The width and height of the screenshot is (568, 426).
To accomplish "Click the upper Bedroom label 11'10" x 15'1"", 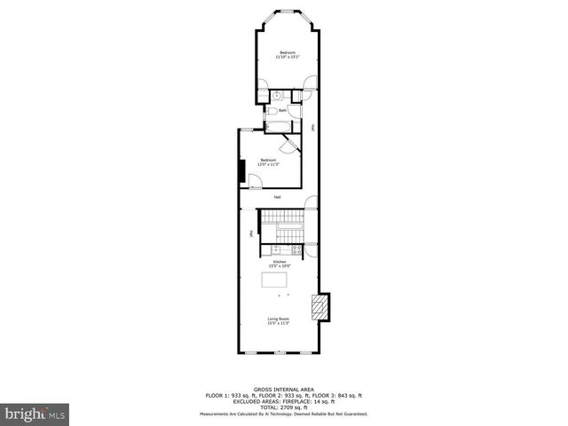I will pos(287,55).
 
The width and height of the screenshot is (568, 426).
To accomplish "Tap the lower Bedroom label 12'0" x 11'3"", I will pos(268,162).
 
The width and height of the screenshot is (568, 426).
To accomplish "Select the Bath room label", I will pos(282,111).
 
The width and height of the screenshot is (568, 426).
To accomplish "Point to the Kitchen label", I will pos(280,264).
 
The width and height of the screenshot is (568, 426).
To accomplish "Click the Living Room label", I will pos(279,321).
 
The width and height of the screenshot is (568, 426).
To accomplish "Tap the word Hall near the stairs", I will pos(278,197).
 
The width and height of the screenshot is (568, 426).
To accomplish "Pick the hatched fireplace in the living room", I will pos(319,307).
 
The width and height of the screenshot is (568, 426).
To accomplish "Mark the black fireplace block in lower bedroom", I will pos(241,171).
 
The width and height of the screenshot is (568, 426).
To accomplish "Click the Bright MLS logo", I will pos(35,414).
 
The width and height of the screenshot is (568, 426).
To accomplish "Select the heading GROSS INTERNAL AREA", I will pos(283,389).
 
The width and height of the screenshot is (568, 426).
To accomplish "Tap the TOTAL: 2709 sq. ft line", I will pos(283,406).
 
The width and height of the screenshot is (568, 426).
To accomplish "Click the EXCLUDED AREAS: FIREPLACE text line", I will pos(283,400).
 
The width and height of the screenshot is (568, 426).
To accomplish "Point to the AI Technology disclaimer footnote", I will pos(283,414).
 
